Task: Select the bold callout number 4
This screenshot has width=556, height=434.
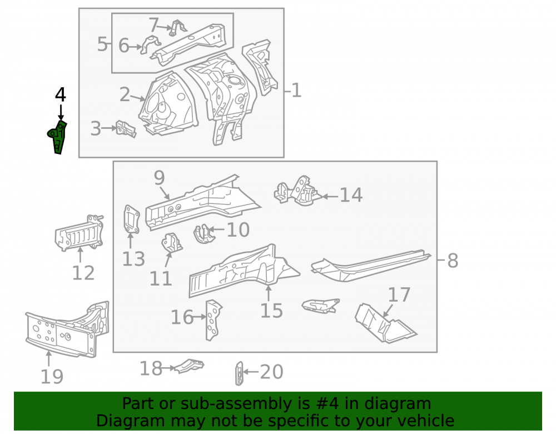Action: (x=60, y=95)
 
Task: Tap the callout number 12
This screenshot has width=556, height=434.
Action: (x=83, y=273)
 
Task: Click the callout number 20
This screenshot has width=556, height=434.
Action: (x=272, y=372)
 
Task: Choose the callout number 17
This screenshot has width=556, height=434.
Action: (x=399, y=295)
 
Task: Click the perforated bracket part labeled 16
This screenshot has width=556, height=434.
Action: (x=214, y=320)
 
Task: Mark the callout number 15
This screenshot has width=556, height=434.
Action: (x=272, y=311)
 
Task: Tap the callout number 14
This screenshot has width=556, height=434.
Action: (x=351, y=195)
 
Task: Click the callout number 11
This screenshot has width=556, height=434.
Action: (x=161, y=279)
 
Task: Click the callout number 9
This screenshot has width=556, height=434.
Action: (x=159, y=178)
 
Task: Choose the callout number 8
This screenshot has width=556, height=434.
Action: (x=453, y=261)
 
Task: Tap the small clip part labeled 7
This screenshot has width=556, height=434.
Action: (x=177, y=28)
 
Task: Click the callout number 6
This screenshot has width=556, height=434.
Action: (x=124, y=46)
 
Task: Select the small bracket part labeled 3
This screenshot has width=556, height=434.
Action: (x=126, y=129)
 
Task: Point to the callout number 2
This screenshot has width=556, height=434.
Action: (x=125, y=94)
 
